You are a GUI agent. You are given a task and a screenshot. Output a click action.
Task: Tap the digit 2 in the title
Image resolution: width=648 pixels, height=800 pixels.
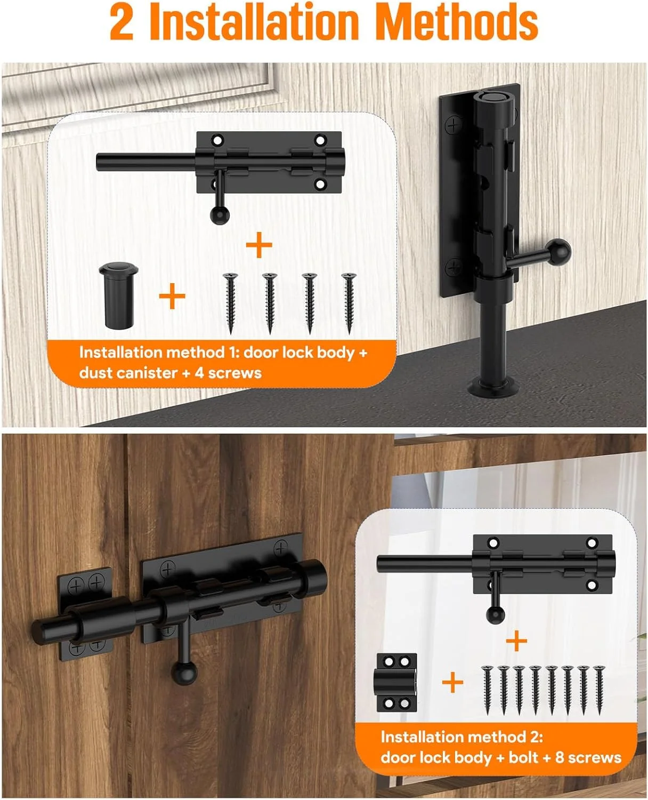pyautogui.click(x=122, y=22)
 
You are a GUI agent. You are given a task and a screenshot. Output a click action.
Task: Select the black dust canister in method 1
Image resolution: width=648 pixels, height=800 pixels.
pyautogui.click(x=118, y=295)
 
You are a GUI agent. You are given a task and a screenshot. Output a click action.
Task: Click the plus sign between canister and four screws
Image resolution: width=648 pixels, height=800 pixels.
pyautogui.click(x=172, y=296)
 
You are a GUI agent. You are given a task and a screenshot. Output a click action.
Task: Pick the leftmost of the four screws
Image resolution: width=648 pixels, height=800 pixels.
pyautogui.click(x=230, y=303)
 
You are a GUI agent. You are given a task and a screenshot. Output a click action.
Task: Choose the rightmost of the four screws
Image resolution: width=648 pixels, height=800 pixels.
pyautogui.click(x=349, y=303)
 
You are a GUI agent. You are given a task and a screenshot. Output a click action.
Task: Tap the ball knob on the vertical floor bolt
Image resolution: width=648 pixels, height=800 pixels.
pyautogui.click(x=558, y=252)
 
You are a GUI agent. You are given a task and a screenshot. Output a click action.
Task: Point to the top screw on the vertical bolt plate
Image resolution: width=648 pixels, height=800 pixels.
pyautogui.click(x=453, y=125)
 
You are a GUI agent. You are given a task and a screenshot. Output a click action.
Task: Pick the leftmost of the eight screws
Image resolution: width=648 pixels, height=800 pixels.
pyautogui.click(x=488, y=690)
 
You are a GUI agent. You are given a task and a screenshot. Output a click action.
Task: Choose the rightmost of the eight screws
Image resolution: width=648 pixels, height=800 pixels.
pyautogui.click(x=599, y=690)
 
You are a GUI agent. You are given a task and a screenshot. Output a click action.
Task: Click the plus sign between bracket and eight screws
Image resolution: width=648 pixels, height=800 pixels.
pyautogui.click(x=452, y=683)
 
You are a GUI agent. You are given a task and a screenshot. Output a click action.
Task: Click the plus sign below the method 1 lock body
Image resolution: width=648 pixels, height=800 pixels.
pyautogui.click(x=259, y=245)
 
